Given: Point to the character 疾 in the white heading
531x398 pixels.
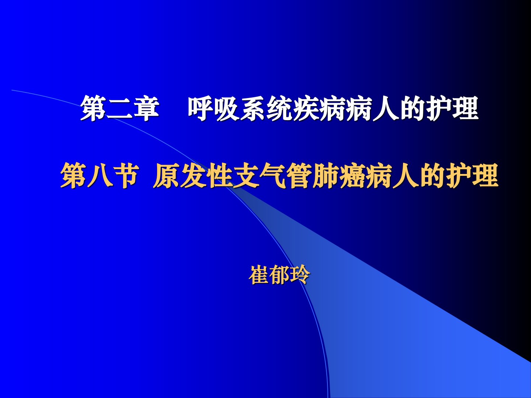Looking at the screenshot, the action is tap(306, 108).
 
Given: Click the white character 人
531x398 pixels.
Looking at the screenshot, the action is tap(386, 108).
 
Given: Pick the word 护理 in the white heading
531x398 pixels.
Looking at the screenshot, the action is tap(452, 108).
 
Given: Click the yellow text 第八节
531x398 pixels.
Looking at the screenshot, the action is tap(100, 175).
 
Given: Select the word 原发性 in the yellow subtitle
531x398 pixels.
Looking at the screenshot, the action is tap(192, 175).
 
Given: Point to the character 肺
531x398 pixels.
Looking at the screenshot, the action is tap(325, 175).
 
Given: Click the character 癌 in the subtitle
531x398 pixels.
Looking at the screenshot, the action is tap(352, 175).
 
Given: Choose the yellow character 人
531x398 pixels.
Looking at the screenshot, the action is tap(406, 175).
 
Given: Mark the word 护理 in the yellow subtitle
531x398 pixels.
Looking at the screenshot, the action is tap(472, 175).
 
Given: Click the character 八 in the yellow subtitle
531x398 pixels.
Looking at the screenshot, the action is tap(100, 175).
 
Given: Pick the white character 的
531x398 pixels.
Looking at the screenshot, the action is tap(413, 108).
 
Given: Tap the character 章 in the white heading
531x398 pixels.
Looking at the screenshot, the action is tap(146, 108).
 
